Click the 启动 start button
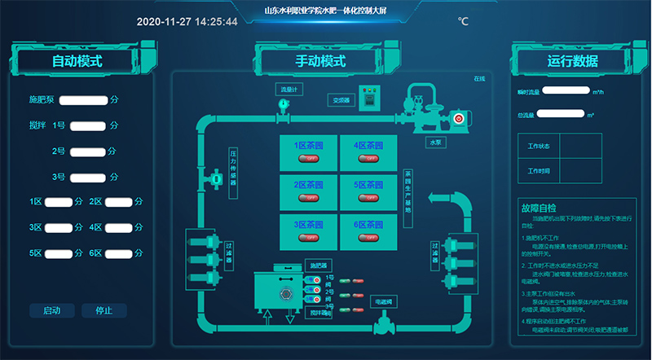coord(51,310)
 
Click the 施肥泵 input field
coord(84,100)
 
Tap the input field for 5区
coord(59,253)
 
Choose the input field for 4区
coord(119,227)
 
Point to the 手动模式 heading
coord(320,61)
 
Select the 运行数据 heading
coord(572,61)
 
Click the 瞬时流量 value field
coord(566,91)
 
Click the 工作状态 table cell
coord(539,147)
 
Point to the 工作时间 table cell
coord(539,171)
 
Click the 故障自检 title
coord(537,207)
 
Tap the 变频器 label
coord(340,101)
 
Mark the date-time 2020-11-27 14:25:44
coord(187,22)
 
